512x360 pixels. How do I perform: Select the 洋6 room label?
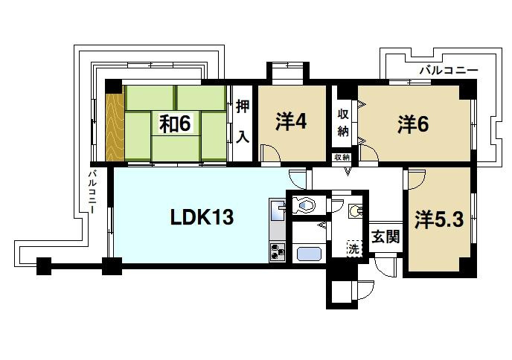pyautogui.click(x=412, y=124)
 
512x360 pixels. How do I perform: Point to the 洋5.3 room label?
pyautogui.click(x=439, y=219)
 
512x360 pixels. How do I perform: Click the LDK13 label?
pyautogui.click(x=202, y=218)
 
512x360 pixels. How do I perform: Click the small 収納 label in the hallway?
pyautogui.click(x=342, y=158)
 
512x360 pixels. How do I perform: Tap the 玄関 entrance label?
pyautogui.click(x=386, y=237)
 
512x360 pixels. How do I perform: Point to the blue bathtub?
pyautogui.click(x=308, y=254)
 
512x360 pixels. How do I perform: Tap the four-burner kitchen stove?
pyautogui.click(x=278, y=252)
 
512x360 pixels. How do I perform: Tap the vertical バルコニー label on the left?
pyautogui.click(x=93, y=192)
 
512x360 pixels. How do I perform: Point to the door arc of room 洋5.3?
pyautogui.click(x=415, y=178)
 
